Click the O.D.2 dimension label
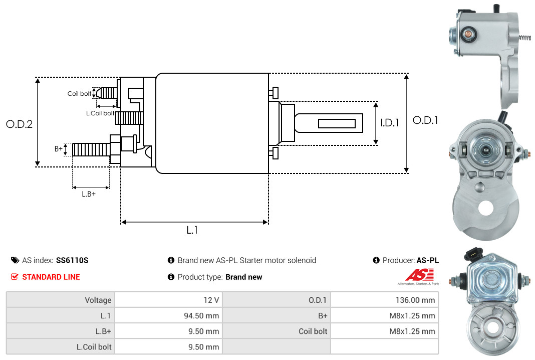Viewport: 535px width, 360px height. (x=20, y=124)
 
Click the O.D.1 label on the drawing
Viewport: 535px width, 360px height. (x=425, y=120)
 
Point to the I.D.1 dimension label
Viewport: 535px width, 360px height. (x=390, y=123)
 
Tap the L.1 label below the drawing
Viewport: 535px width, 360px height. (x=192, y=230)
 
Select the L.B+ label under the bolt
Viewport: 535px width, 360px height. (x=89, y=194)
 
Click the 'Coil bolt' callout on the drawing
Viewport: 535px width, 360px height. (x=79, y=94)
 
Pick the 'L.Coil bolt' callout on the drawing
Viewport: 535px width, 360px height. (x=100, y=113)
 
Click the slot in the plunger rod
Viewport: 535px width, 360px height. (x=337, y=123)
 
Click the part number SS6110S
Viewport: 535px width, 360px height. (x=72, y=260)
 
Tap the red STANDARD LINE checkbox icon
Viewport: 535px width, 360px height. (x=15, y=277)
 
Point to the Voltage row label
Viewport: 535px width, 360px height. (x=98, y=300)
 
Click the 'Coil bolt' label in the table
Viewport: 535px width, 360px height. (x=313, y=331)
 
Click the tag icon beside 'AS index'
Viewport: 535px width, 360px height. (x=15, y=260)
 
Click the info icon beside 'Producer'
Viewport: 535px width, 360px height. (x=376, y=260)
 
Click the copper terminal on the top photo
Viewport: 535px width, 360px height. (x=466, y=34)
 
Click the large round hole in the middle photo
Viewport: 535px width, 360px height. (x=485, y=208)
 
